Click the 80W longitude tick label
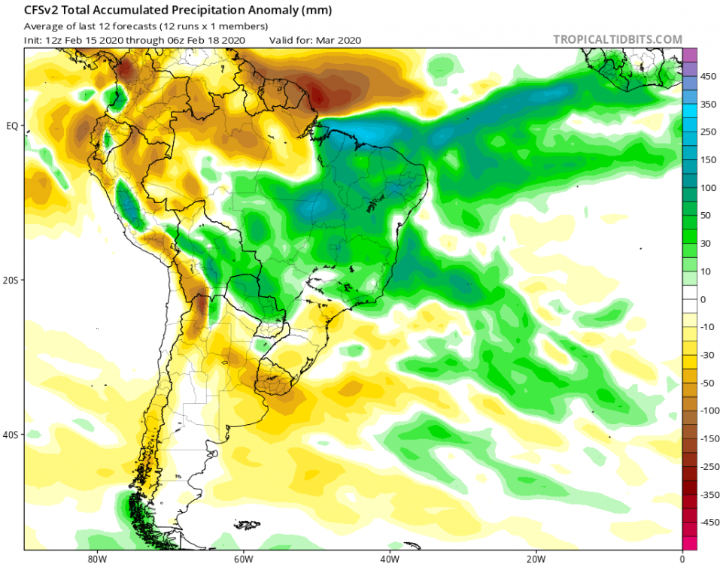click(95, 559)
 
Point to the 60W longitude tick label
click(242, 559)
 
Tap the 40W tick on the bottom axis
click(388, 559)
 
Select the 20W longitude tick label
click(536, 559)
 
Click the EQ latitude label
click(12, 126)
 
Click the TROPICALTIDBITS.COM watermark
click(618, 39)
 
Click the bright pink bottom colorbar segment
click(689, 543)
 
